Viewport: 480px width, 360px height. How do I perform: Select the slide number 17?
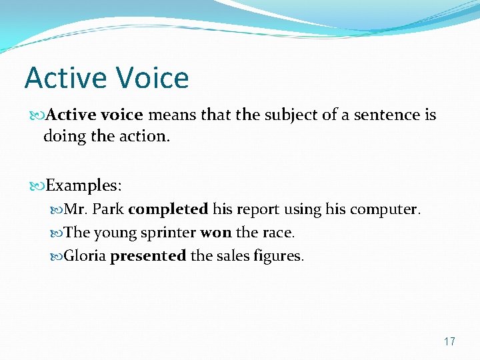(x=449, y=341)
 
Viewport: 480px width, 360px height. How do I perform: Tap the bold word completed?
(x=168, y=209)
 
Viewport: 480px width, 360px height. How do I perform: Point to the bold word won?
(x=215, y=233)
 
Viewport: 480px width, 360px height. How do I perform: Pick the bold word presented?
(x=148, y=256)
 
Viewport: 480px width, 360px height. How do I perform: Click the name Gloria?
(x=85, y=256)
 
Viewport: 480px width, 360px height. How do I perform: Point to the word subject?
(x=290, y=115)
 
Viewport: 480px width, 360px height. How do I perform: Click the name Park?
(x=108, y=209)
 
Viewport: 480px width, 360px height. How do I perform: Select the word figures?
(x=277, y=257)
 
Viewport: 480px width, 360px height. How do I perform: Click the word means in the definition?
(x=171, y=115)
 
